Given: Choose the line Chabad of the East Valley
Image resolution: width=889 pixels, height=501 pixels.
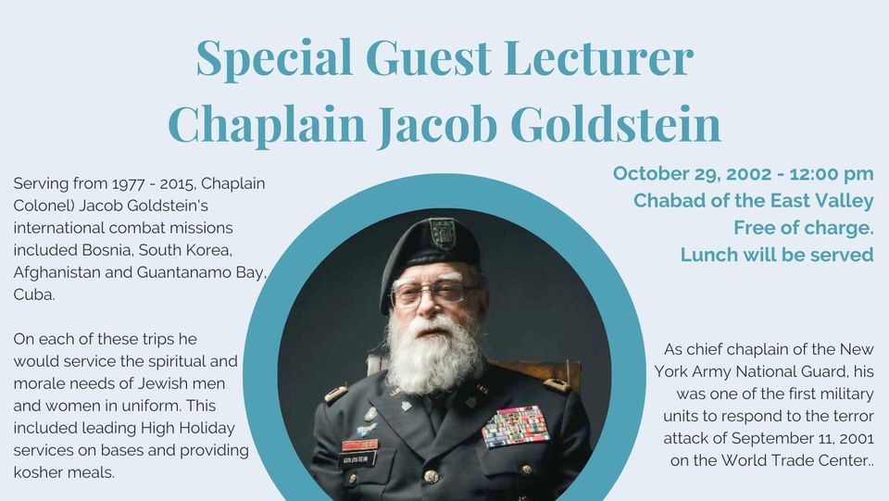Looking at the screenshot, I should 753,201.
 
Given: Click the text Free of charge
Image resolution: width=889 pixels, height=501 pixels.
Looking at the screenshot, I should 803,228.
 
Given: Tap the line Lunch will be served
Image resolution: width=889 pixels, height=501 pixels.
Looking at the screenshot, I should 777,255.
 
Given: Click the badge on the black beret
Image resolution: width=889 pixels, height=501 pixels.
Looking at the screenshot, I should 443,233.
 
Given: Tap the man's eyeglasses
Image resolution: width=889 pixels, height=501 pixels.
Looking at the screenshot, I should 433,294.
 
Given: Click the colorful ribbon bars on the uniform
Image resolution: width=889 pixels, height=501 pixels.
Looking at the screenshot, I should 515,426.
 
